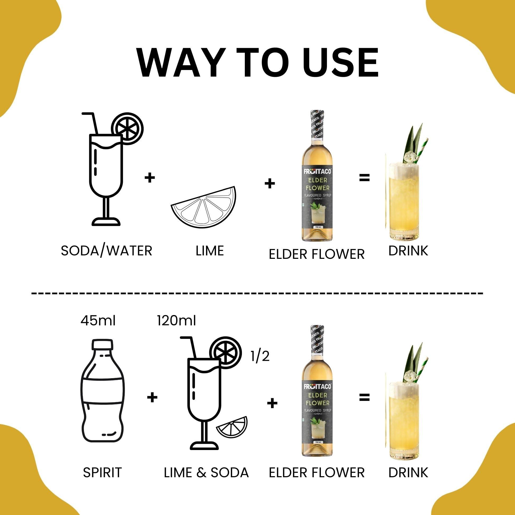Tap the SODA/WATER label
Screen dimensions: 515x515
(106, 251)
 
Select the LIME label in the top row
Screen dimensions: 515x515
(209, 251)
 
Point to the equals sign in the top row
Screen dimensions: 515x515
(364, 178)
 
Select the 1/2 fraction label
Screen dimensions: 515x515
(260, 356)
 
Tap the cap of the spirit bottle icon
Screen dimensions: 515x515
(102, 345)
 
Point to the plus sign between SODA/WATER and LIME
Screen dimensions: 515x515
(149, 178)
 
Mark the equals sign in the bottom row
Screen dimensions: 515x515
(364, 397)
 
